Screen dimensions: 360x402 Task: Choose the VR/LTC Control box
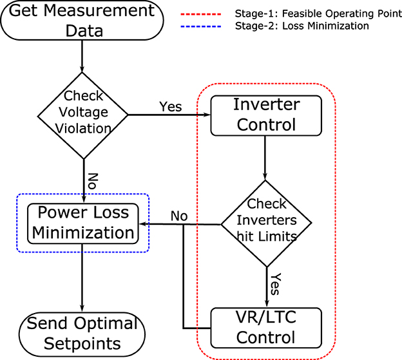265,327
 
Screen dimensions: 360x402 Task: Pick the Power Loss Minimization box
82,223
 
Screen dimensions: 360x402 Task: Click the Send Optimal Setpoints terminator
82,332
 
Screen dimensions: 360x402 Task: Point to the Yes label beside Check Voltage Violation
170,107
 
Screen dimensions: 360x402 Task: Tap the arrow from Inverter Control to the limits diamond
265,158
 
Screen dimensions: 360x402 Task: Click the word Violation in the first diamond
82,128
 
